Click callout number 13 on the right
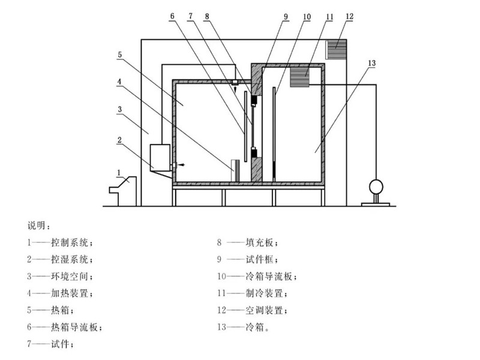click(x=372, y=63)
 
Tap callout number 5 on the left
click(x=120, y=55)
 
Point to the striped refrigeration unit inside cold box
click(x=299, y=77)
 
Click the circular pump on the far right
click(x=376, y=186)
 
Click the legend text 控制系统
click(x=71, y=243)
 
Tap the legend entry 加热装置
click(x=71, y=294)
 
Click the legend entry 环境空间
click(x=71, y=277)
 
